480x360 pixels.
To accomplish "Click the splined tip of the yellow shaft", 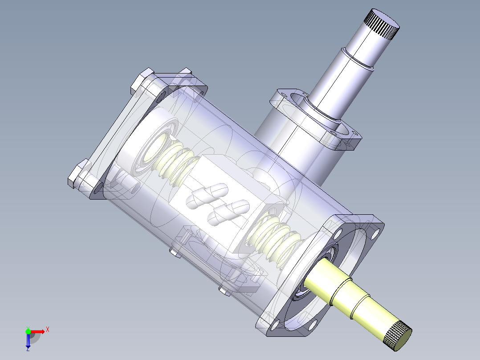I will (x=397, y=335).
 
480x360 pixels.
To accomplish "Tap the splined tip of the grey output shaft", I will (x=382, y=25).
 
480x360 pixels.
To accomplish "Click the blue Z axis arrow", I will (x=28, y=340).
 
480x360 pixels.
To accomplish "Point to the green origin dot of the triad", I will (x=28, y=331).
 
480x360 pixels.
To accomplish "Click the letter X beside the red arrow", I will (x=47, y=330).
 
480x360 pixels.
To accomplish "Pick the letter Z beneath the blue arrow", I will (x=28, y=350).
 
